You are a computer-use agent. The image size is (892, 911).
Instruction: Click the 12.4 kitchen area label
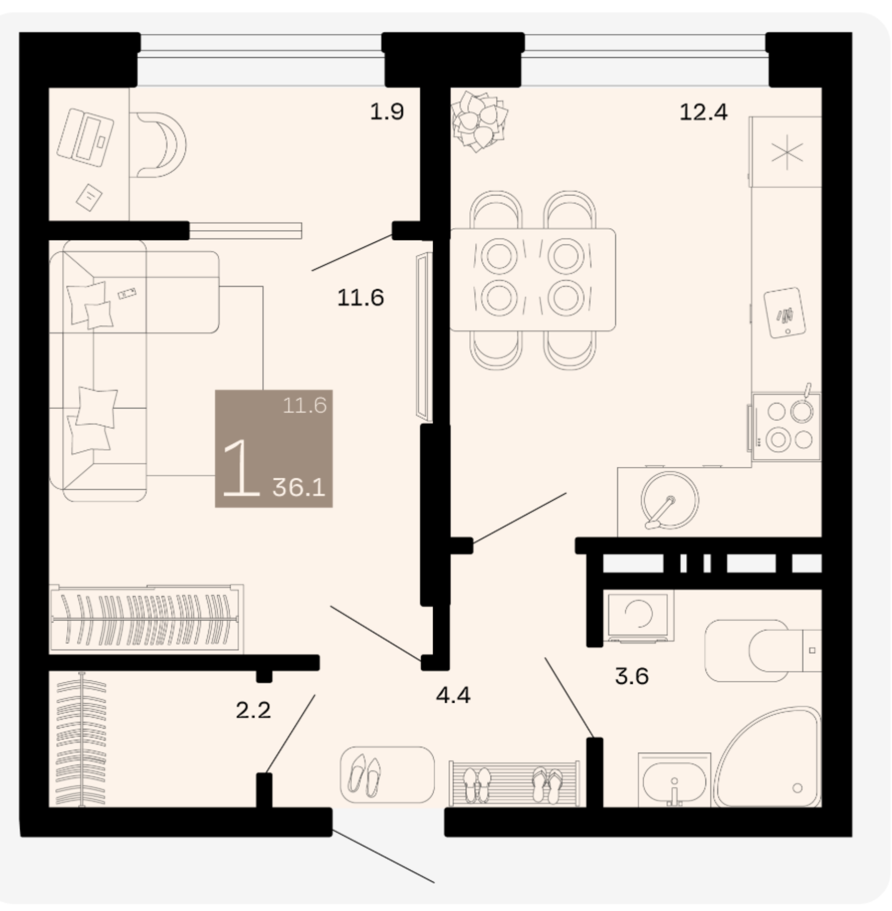pos(703,113)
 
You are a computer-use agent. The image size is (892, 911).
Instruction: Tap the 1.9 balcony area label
pos(387,112)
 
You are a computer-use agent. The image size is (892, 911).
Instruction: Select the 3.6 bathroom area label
pos(631,676)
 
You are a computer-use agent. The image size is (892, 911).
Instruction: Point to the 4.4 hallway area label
pos(453,695)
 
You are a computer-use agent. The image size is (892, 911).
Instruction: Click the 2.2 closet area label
pos(253,710)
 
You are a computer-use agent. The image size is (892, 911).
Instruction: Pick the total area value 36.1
pos(299,487)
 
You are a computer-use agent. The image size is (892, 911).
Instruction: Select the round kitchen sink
pos(669,500)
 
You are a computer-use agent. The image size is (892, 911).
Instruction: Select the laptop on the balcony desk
pos(85,137)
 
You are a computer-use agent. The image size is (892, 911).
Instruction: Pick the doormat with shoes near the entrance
pos(387,775)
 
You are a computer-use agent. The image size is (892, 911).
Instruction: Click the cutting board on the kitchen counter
pos(785,312)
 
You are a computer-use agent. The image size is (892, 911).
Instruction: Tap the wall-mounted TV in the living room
pos(423,337)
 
